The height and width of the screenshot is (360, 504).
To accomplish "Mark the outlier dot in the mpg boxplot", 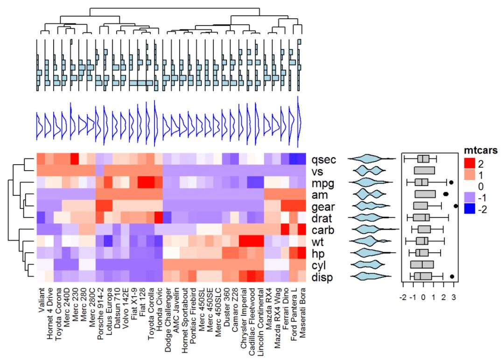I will pyautogui.click(x=451, y=182).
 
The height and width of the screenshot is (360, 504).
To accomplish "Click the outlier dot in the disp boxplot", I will pyautogui.click(x=452, y=277).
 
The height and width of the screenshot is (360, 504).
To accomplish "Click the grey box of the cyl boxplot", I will pyautogui.click(x=422, y=265).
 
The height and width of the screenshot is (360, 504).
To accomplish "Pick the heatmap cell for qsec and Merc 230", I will pyautogui.click(x=74, y=159).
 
